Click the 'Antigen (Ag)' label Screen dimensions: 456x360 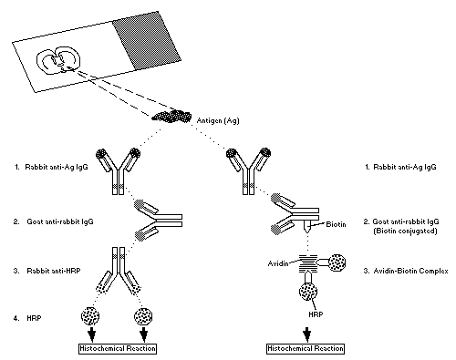218,120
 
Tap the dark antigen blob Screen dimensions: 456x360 171,116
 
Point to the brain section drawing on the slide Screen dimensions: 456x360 58,60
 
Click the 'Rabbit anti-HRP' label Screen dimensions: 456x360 54,271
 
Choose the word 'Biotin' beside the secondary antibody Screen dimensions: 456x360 336,224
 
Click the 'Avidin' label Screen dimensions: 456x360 278,263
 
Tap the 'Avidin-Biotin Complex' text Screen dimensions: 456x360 410,271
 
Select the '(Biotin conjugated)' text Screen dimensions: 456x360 405,231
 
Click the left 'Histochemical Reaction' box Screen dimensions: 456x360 118,348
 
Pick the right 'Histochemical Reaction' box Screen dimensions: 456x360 306,348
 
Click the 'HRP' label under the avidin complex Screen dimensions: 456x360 316,314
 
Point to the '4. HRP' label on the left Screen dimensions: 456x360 27,318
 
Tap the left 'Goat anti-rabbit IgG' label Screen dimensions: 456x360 60,221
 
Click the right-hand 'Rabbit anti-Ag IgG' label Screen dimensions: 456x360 405,167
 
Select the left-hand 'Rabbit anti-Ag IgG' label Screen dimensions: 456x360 57,167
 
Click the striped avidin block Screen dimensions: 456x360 308,263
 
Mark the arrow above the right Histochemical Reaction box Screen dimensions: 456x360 307,334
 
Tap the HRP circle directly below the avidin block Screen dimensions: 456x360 308,292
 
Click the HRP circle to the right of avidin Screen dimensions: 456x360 337,262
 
